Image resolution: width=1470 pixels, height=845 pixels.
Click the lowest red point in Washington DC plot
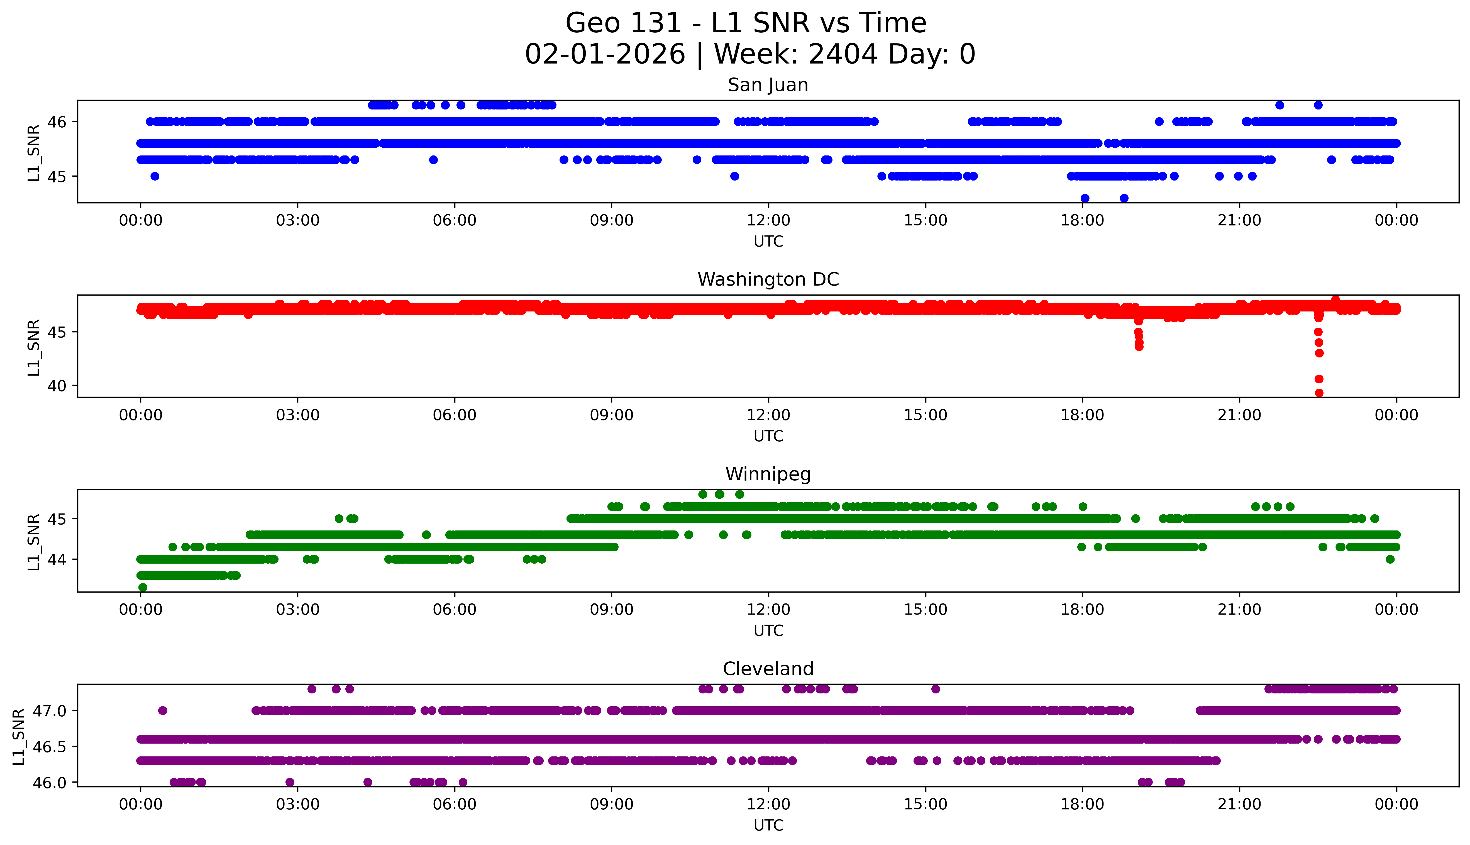click(1318, 393)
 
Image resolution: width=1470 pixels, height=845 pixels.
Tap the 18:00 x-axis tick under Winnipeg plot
click(1083, 610)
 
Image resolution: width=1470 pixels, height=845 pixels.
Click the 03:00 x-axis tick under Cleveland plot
click(298, 804)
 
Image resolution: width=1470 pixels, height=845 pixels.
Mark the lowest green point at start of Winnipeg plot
click(143, 587)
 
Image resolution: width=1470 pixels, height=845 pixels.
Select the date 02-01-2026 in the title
click(605, 55)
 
